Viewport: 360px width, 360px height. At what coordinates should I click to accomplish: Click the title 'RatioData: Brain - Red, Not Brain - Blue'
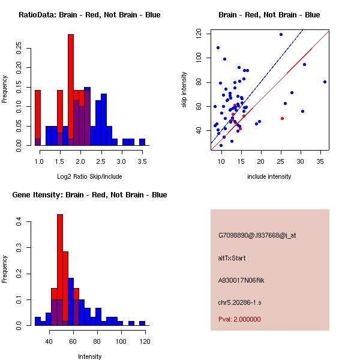click(x=89, y=15)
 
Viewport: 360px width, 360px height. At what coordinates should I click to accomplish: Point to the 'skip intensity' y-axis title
click(x=185, y=90)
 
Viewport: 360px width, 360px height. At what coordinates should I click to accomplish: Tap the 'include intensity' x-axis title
click(x=269, y=176)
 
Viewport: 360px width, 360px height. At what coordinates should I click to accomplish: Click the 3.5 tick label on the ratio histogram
click(x=142, y=161)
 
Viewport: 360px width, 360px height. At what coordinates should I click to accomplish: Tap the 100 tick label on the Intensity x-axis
click(x=121, y=341)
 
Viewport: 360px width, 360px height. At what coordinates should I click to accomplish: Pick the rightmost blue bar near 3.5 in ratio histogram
click(x=142, y=142)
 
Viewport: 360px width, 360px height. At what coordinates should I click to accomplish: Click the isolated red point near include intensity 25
click(x=282, y=119)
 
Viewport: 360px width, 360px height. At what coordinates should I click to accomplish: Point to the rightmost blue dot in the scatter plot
click(x=325, y=82)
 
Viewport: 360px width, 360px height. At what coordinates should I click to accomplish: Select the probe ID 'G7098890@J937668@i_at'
click(x=257, y=235)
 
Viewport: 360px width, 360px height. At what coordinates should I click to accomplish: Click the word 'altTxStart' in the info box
click(x=232, y=258)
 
